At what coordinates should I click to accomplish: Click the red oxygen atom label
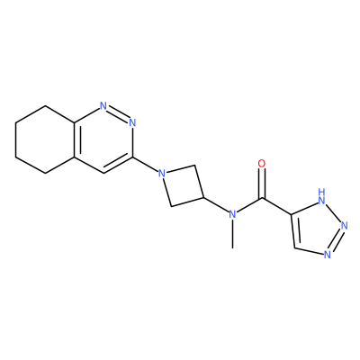[262, 164]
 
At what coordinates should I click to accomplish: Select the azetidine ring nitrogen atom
[162, 174]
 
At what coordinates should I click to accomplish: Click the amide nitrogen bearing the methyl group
[232, 214]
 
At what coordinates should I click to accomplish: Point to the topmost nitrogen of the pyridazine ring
[103, 105]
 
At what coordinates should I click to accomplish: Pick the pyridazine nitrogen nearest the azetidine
[132, 122]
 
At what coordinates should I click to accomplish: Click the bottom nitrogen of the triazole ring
[328, 255]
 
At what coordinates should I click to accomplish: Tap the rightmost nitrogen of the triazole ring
[344, 226]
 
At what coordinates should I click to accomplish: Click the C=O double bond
[262, 184]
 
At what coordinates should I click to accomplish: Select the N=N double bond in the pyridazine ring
[118, 114]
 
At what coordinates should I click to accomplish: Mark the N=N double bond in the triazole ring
[336, 240]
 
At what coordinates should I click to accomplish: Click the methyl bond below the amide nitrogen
[232, 234]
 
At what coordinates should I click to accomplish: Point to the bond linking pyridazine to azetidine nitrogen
[145, 165]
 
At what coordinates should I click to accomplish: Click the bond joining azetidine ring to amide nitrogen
[216, 205]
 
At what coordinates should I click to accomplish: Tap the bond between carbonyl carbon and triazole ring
[276, 206]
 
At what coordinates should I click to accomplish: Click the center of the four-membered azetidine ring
[183, 185]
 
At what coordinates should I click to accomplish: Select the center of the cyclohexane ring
[45, 139]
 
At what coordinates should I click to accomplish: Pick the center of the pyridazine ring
[103, 139]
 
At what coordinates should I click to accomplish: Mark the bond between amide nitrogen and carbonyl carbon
[247, 206]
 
